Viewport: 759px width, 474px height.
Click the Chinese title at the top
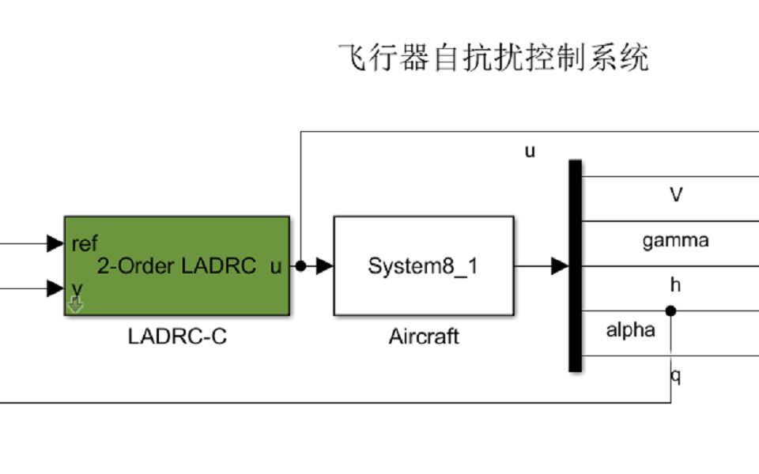pyautogui.click(x=493, y=58)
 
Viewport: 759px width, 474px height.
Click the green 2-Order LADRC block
pyautogui.click(x=176, y=265)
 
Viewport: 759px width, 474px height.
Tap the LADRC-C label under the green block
pyautogui.click(x=177, y=337)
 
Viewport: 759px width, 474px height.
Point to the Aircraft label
pyautogui.click(x=423, y=337)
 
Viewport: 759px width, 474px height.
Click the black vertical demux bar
pyautogui.click(x=575, y=265)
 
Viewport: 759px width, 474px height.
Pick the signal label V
pyautogui.click(x=675, y=194)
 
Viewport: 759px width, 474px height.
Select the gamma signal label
pyautogui.click(x=675, y=240)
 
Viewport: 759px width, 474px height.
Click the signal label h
pyautogui.click(x=675, y=285)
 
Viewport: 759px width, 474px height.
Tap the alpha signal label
pyautogui.click(x=630, y=330)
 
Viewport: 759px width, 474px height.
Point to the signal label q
pyautogui.click(x=676, y=375)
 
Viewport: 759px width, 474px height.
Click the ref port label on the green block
pyautogui.click(x=85, y=243)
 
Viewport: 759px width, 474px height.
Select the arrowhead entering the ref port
pyautogui.click(x=55, y=243)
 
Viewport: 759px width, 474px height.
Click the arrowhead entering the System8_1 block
pyautogui.click(x=324, y=266)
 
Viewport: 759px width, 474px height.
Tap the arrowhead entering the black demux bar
pyautogui.click(x=560, y=266)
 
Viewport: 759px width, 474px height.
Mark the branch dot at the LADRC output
pyautogui.click(x=300, y=266)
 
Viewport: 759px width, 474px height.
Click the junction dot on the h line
pyautogui.click(x=670, y=311)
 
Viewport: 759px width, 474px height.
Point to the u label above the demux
pyautogui.click(x=530, y=151)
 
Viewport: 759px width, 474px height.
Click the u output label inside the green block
pyautogui.click(x=275, y=266)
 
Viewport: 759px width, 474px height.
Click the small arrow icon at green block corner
pyautogui.click(x=75, y=305)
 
